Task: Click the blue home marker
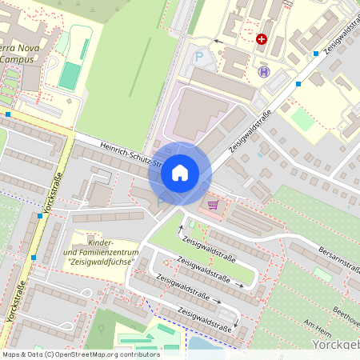pyautogui.click(x=180, y=172)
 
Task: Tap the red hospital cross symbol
pyautogui.click(x=262, y=38)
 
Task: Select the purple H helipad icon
pyautogui.click(x=263, y=71)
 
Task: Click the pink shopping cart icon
pyautogui.click(x=213, y=204)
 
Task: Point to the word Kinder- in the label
pyautogui.click(x=101, y=242)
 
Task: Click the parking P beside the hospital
pyautogui.click(x=199, y=57)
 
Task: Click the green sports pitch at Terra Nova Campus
pyautogui.click(x=70, y=76)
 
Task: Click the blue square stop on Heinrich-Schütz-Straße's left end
pyautogui.click(x=8, y=114)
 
